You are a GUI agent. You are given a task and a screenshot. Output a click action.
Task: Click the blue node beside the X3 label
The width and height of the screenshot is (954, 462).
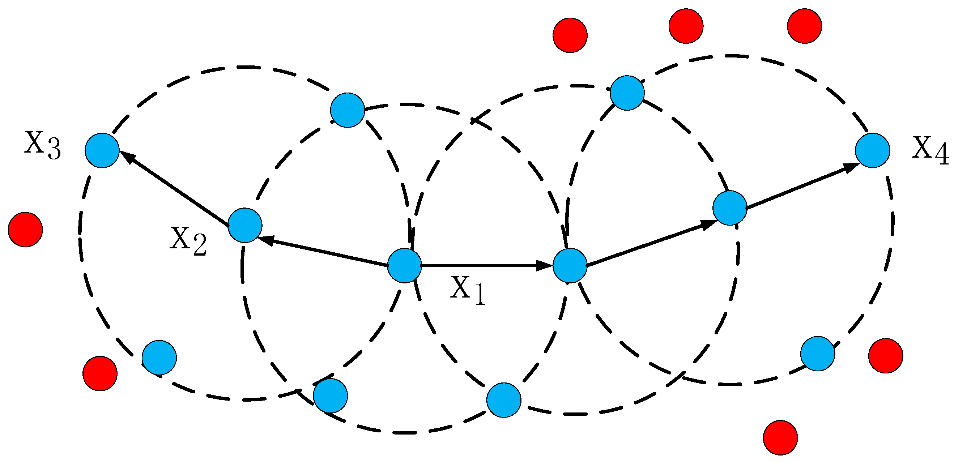102,150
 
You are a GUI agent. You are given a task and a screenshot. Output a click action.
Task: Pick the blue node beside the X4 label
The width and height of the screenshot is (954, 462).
873,150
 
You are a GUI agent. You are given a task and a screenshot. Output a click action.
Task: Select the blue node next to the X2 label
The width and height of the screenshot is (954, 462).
245,225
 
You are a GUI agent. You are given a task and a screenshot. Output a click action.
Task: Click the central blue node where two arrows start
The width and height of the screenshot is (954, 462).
404,265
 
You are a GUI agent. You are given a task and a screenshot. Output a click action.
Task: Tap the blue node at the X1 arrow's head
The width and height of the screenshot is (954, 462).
570,265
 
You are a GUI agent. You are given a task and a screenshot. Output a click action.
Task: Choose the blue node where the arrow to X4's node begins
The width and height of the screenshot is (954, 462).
729,208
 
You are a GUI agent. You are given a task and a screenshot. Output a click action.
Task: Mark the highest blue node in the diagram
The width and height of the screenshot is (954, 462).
627,93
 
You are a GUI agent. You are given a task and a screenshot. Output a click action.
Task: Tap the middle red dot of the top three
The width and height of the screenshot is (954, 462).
686,26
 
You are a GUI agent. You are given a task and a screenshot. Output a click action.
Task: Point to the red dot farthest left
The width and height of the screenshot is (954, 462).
25,230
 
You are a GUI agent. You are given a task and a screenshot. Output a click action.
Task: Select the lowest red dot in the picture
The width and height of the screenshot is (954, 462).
780,437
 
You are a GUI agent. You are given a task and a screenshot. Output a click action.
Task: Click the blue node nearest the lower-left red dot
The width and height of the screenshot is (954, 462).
159,358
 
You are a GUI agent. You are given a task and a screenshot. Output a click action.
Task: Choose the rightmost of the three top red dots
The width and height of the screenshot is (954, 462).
804,26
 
